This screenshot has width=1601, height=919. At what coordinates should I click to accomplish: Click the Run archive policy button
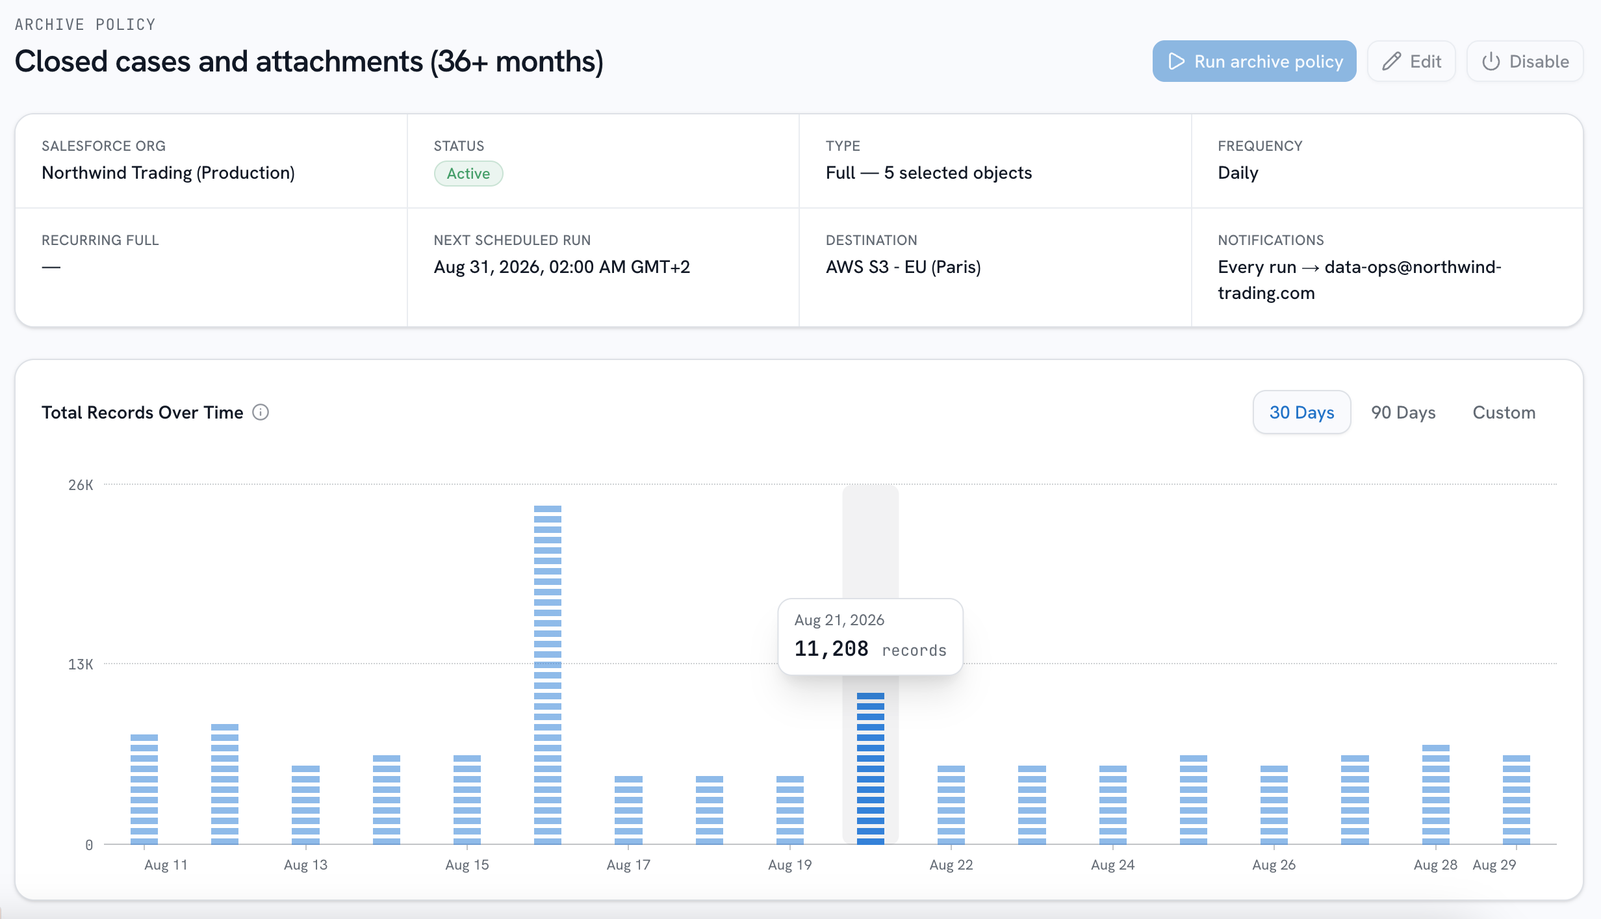tap(1254, 61)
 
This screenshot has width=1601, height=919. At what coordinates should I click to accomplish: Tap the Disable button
tap(1524, 61)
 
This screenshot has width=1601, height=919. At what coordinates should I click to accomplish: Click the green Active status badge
tap(468, 174)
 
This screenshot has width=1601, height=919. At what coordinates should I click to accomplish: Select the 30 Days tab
tap(1301, 412)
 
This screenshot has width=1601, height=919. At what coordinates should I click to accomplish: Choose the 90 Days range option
tap(1403, 412)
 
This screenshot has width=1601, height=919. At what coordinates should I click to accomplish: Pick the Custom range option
tap(1504, 412)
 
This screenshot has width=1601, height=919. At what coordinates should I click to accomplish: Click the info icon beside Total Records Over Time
tap(261, 412)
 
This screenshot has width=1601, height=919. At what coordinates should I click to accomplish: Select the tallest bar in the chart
tap(548, 675)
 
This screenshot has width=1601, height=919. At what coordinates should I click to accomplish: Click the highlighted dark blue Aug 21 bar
tap(871, 768)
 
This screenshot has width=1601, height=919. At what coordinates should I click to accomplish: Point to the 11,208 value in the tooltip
tap(831, 649)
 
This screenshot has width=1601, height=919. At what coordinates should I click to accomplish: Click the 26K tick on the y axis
tap(81, 485)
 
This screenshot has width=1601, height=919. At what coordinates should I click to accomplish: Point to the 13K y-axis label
tap(81, 664)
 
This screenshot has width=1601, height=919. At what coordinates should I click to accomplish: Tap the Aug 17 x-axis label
tap(628, 864)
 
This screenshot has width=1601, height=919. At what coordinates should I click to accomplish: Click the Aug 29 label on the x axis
tap(1494, 864)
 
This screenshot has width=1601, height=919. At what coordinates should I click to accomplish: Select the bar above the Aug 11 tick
tap(144, 789)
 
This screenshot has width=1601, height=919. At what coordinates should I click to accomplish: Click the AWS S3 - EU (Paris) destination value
tap(903, 267)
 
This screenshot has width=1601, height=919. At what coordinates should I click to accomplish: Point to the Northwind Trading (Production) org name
tap(168, 173)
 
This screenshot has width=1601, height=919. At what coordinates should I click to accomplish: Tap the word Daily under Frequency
tap(1238, 173)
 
